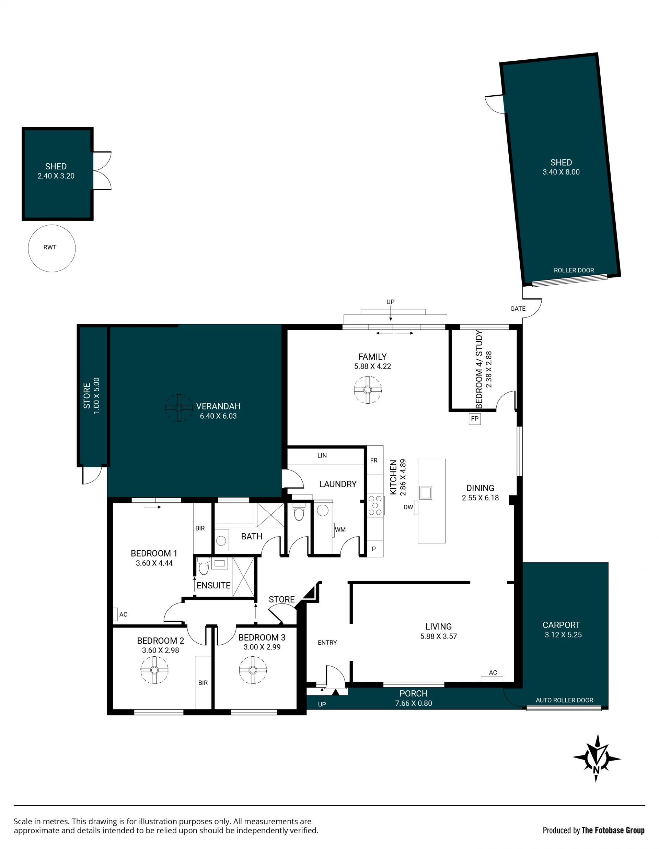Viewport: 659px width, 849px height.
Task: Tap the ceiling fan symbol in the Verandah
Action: pos(179,408)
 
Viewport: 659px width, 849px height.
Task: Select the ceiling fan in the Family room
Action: pos(368,390)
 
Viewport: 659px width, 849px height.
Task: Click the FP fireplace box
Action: pos(474,419)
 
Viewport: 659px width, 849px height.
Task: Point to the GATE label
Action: pos(518,309)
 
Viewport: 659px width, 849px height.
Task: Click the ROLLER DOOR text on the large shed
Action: pos(574,270)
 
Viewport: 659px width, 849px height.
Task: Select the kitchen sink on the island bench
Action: pos(425,492)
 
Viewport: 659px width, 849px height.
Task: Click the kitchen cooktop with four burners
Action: pos(376,505)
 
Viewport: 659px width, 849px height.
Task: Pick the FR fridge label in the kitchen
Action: pos(374,461)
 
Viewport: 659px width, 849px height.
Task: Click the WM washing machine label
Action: pos(340,529)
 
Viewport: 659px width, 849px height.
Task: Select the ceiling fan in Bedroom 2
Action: pos(154,670)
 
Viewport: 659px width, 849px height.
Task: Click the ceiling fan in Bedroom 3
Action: pos(253,670)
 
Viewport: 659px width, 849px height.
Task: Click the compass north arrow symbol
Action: pos(597,758)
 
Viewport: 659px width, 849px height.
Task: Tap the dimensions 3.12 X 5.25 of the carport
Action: pos(563,635)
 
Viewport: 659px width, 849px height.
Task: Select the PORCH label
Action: pos(414,694)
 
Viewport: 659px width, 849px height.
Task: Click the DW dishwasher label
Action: pos(408,507)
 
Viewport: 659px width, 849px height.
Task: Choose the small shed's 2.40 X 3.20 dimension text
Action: pos(56,176)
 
